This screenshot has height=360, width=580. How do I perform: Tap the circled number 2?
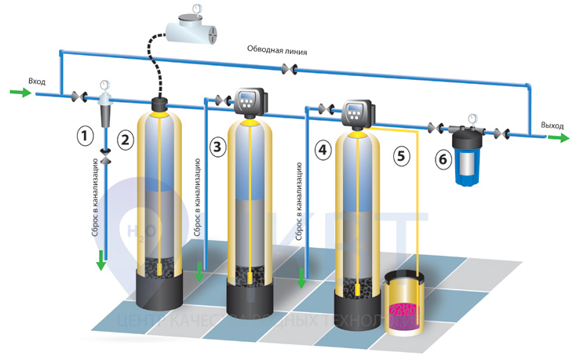(x=124, y=140)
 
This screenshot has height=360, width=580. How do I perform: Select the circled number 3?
(x=217, y=146)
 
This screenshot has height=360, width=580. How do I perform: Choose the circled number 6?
(x=443, y=159)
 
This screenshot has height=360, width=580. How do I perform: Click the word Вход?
(x=36, y=81)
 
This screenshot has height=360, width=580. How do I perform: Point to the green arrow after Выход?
(x=558, y=138)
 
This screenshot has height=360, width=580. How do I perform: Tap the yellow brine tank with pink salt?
(x=403, y=302)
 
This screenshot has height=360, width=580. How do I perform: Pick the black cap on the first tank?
(x=161, y=103)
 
